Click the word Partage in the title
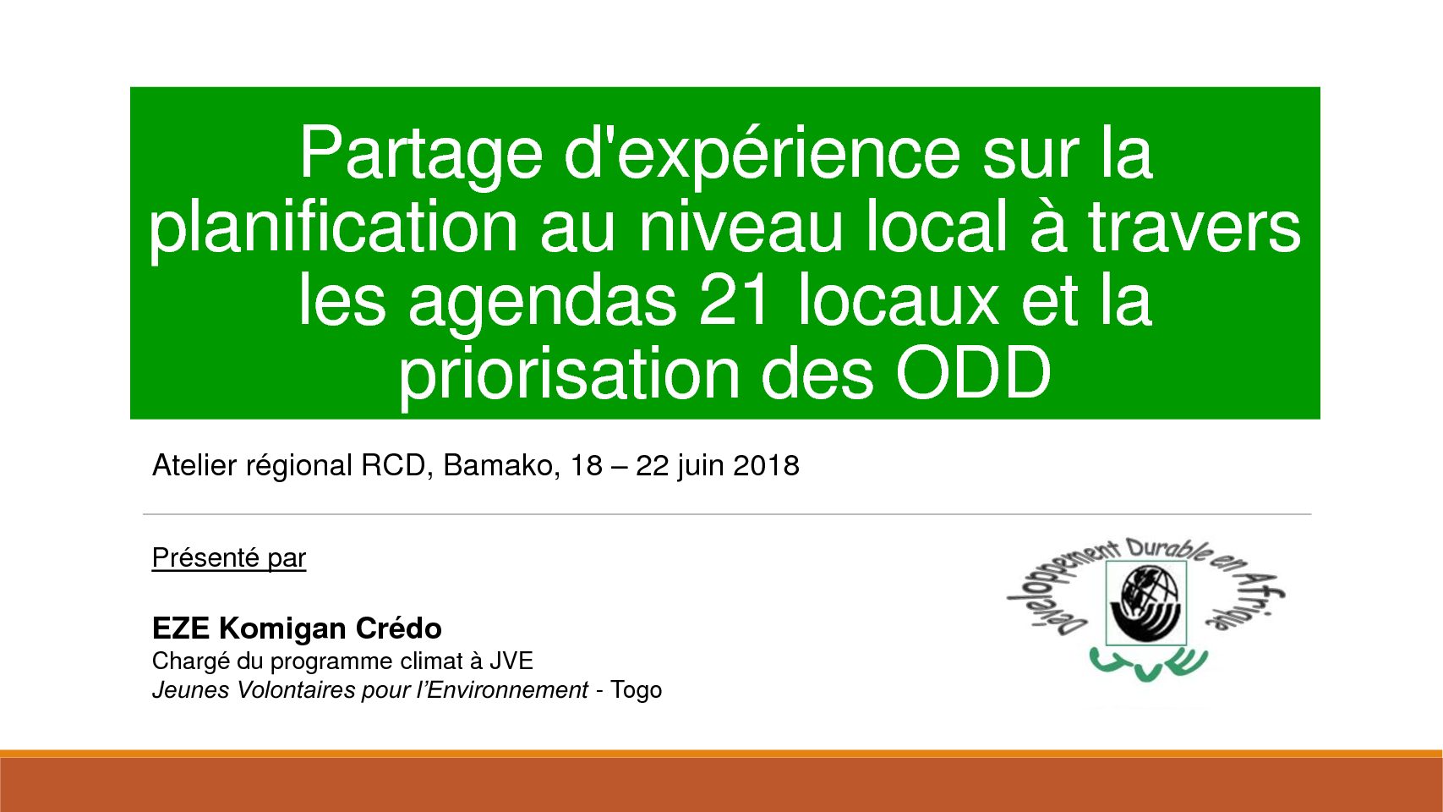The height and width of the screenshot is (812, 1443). click(x=421, y=156)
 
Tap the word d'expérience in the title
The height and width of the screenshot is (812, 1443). click(x=762, y=156)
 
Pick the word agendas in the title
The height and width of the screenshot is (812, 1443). click(x=543, y=303)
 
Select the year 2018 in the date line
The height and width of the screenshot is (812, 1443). click(x=767, y=465)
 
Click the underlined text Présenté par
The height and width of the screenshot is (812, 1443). click(x=229, y=558)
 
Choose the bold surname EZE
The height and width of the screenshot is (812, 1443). click(x=181, y=628)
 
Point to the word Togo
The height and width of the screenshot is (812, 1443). click(x=637, y=690)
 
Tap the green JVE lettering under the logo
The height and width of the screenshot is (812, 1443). click(x=1148, y=661)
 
